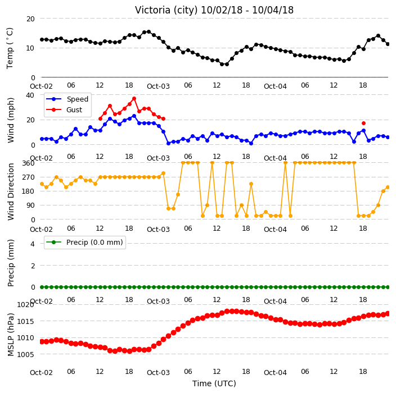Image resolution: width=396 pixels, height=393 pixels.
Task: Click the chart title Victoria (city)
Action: [x=166, y=10]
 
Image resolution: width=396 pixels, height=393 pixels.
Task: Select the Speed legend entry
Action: [x=67, y=99]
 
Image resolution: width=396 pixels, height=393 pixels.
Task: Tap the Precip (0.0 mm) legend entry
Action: [x=84, y=242]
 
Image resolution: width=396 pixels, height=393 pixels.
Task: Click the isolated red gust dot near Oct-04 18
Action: [x=363, y=124]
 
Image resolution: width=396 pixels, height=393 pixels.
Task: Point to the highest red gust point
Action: [x=134, y=99]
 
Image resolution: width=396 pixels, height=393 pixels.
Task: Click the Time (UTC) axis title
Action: [x=214, y=383]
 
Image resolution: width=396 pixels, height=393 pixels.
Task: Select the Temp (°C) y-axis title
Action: [x=10, y=48]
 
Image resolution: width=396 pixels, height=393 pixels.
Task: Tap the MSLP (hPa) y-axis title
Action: [x=10, y=335]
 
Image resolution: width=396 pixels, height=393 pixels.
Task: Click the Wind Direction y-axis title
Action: [x=11, y=192]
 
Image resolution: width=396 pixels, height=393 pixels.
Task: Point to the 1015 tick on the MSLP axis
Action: [x=25, y=321]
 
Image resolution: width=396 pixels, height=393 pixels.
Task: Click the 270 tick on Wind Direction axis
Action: [x=28, y=177]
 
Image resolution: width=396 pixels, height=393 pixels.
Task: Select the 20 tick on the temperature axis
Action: [x=30, y=19]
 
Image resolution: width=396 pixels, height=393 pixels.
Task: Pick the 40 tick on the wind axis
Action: [x=30, y=95]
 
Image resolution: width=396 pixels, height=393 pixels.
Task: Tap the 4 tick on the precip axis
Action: [x=33, y=244]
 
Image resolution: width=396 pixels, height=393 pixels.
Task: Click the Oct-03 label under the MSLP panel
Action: [x=158, y=373]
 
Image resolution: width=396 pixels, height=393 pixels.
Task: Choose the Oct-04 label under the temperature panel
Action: [x=275, y=86]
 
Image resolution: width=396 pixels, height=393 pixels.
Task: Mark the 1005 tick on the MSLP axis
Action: [x=25, y=355]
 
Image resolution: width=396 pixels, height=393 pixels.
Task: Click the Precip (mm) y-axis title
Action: [x=11, y=263]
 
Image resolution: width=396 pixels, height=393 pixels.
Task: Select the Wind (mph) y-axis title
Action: [x=11, y=120]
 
